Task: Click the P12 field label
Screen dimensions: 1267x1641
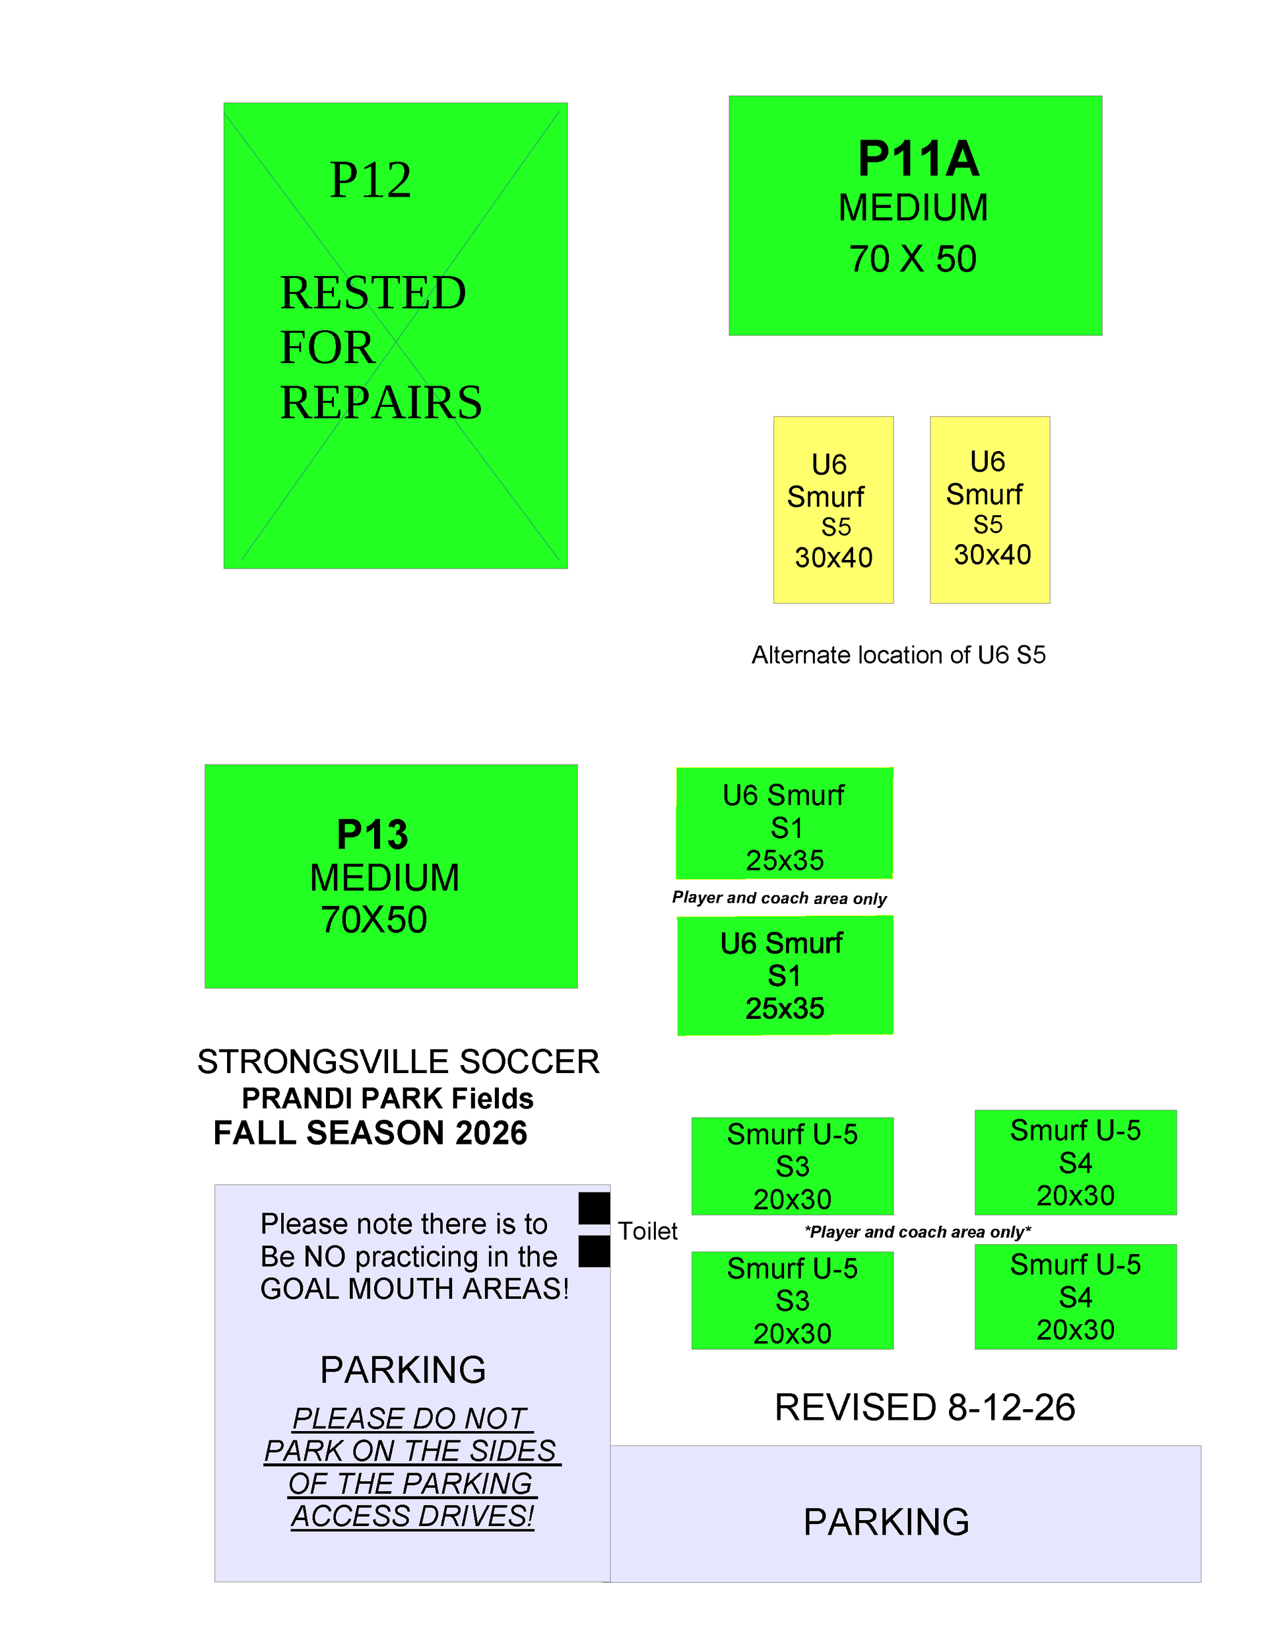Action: [371, 180]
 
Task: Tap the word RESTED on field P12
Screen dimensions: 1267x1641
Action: [374, 293]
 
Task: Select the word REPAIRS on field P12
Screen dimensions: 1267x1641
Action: [381, 402]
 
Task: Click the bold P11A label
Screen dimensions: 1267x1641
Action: [919, 158]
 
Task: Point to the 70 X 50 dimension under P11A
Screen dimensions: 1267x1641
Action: [913, 260]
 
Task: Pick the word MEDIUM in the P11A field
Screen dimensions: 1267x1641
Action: [913, 208]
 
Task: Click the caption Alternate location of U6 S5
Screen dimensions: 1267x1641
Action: [898, 655]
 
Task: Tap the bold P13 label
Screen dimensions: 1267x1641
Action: [373, 834]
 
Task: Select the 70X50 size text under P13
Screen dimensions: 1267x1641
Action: [374, 920]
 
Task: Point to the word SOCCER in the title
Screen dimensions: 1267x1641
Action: [529, 1062]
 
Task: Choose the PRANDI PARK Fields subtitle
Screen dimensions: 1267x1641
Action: [387, 1098]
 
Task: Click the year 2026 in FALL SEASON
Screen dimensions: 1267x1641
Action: [490, 1133]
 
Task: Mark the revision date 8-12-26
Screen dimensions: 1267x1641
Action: [1011, 1407]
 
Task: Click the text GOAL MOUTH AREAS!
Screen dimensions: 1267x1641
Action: [414, 1288]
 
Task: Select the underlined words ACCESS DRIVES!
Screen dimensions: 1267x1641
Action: [412, 1516]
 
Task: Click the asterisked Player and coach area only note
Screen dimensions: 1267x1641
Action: [917, 1232]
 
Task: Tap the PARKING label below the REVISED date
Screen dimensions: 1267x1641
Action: [886, 1522]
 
